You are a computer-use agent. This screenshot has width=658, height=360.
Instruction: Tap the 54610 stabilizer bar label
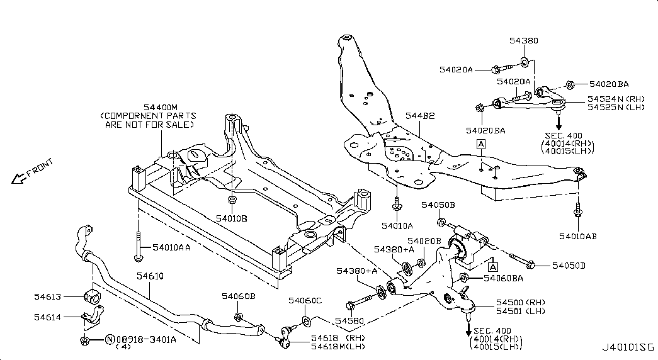150,276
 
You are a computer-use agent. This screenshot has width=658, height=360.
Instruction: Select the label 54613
47,296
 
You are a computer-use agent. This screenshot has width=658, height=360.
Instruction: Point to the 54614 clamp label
47,317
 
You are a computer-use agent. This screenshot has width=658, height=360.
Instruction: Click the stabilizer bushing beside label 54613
93,296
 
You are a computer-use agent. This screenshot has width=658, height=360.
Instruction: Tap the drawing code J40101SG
628,347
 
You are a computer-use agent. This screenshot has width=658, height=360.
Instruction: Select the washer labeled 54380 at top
525,62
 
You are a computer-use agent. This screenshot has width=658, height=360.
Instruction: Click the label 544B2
420,115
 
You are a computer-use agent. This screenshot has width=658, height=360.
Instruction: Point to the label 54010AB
578,237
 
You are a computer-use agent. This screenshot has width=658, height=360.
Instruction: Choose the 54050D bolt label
569,266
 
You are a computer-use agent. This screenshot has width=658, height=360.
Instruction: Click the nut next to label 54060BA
464,278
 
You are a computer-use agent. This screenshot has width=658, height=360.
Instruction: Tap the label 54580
349,321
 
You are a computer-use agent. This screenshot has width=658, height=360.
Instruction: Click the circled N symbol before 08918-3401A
110,339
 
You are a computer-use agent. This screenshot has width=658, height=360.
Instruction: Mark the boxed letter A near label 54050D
493,267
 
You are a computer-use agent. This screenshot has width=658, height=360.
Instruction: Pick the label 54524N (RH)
616,99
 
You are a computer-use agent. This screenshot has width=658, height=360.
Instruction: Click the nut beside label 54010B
232,199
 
